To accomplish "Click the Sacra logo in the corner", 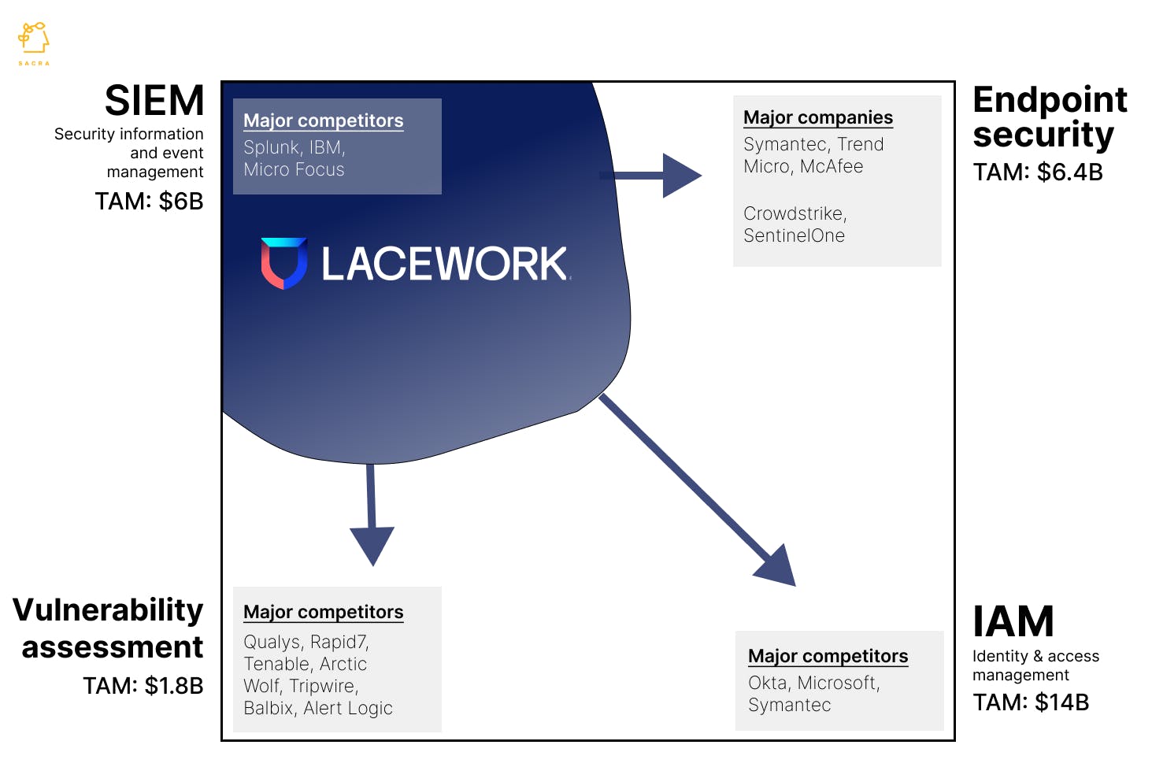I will point(34,42).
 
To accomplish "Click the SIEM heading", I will point(154,101).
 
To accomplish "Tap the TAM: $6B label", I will point(149,202).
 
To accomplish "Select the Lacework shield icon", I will point(283,263).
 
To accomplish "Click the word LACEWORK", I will point(445,264).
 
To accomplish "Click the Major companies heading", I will point(817,117).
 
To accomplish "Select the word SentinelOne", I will point(794,236).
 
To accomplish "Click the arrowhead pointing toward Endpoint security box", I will point(680,175).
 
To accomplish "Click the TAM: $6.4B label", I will point(1037,172).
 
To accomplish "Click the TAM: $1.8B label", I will point(143,686).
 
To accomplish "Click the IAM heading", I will point(1013,621).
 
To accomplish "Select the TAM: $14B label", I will point(1030,702).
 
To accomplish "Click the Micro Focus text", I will point(294,170).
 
